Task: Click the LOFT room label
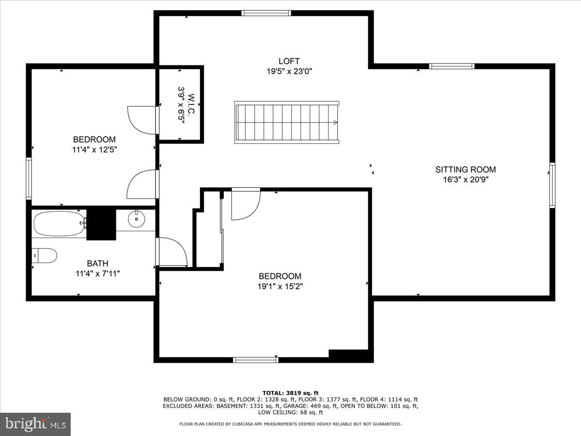tap(289, 61)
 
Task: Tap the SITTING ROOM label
tap(465, 170)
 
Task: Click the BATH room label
tap(97, 264)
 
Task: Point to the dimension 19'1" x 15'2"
tap(280, 286)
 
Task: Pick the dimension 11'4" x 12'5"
tap(94, 150)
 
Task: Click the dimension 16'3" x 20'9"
tap(465, 180)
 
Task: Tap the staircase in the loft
tap(287, 122)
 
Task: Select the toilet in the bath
tap(45, 255)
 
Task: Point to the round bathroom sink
tap(137, 219)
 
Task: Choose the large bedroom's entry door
tap(245, 203)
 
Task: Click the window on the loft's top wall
tap(266, 13)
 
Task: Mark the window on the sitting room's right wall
tap(552, 185)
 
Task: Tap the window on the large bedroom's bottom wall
tap(256, 359)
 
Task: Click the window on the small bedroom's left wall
tap(29, 178)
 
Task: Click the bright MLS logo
tap(35, 424)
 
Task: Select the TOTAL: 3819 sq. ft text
tap(290, 393)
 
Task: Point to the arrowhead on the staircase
tap(335, 123)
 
